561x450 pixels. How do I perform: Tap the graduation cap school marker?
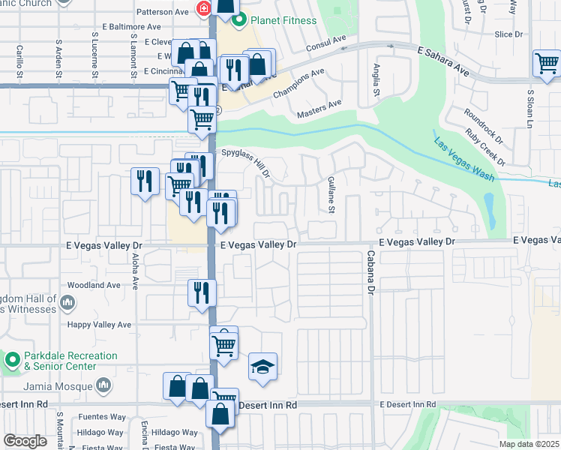262,367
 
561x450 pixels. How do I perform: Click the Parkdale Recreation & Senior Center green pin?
12,360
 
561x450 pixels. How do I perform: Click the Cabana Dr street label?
370,277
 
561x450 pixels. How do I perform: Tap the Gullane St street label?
330,194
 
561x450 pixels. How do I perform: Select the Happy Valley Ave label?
99,325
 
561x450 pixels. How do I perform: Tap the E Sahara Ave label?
442,61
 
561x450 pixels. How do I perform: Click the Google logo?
25,441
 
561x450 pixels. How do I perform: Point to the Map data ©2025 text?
529,444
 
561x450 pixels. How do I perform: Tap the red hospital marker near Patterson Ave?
202,9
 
